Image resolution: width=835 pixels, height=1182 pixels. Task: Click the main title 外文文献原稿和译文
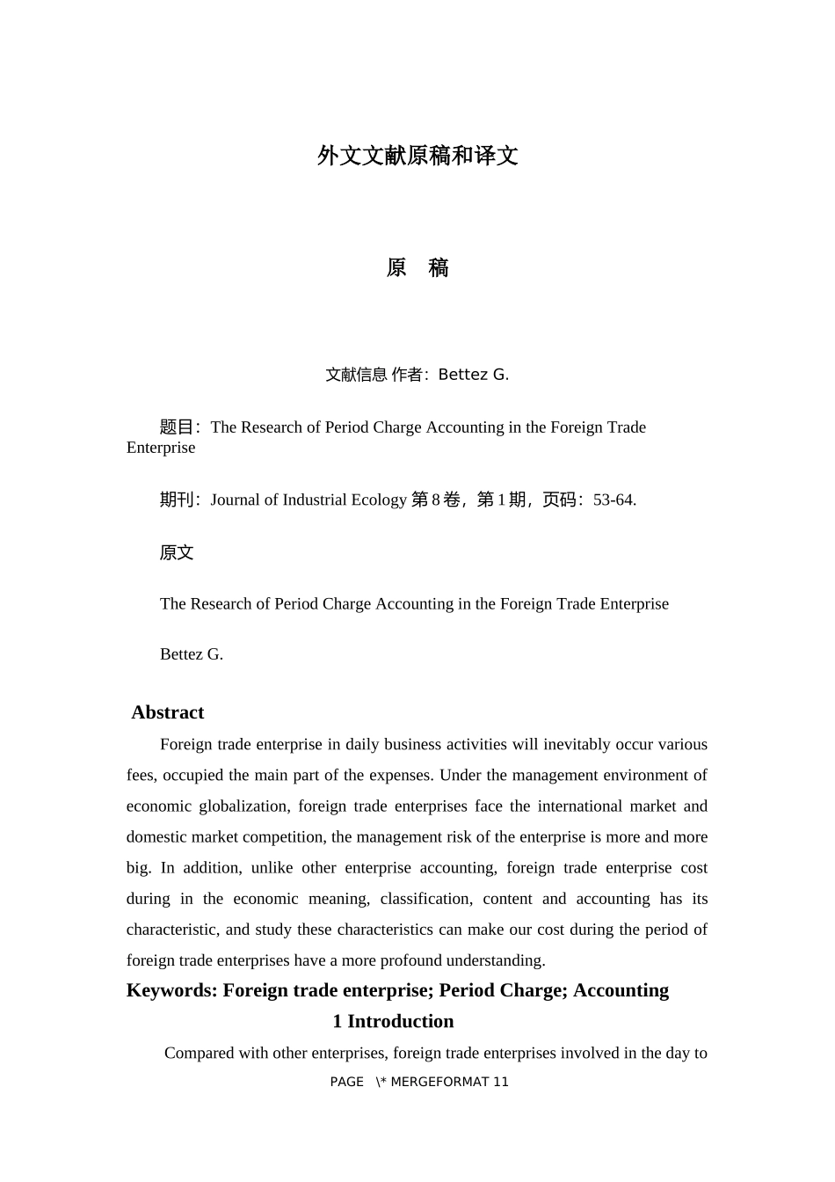pos(417,157)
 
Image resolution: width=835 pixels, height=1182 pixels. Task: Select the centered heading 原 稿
pos(417,268)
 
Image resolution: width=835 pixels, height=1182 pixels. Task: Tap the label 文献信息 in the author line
pos(356,375)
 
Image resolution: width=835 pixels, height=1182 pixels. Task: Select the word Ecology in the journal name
pos(379,500)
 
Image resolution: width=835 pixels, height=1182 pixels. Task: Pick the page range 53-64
pos(614,500)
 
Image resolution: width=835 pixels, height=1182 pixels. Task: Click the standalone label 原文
pos(177,552)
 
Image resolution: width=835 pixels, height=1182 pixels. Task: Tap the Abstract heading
pos(168,712)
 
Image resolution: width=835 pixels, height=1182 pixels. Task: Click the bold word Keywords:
pos(172,990)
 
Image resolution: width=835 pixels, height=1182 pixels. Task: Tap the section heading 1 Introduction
pos(393,1021)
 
